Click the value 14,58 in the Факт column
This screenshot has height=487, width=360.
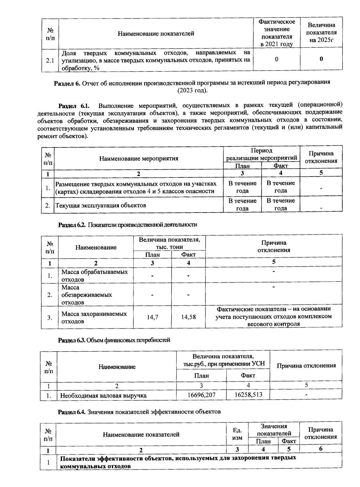(188, 317)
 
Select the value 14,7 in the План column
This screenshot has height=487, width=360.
(152, 317)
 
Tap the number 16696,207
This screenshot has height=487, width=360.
(201, 395)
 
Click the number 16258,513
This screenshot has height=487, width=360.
(248, 395)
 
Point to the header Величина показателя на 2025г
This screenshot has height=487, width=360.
(321, 32)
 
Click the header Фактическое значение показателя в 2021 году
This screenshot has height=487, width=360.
(277, 33)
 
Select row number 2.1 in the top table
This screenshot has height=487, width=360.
(50, 60)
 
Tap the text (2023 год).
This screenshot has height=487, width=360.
(192, 90)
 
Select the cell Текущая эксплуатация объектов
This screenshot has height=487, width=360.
(101, 205)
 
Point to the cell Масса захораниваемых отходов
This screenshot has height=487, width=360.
(94, 317)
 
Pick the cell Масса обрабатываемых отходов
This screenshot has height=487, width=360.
(94, 275)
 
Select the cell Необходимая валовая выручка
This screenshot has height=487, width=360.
(103, 395)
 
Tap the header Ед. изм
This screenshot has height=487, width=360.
(237, 434)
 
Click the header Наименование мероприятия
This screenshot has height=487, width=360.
(139, 158)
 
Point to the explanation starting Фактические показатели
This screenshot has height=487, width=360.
(273, 316)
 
